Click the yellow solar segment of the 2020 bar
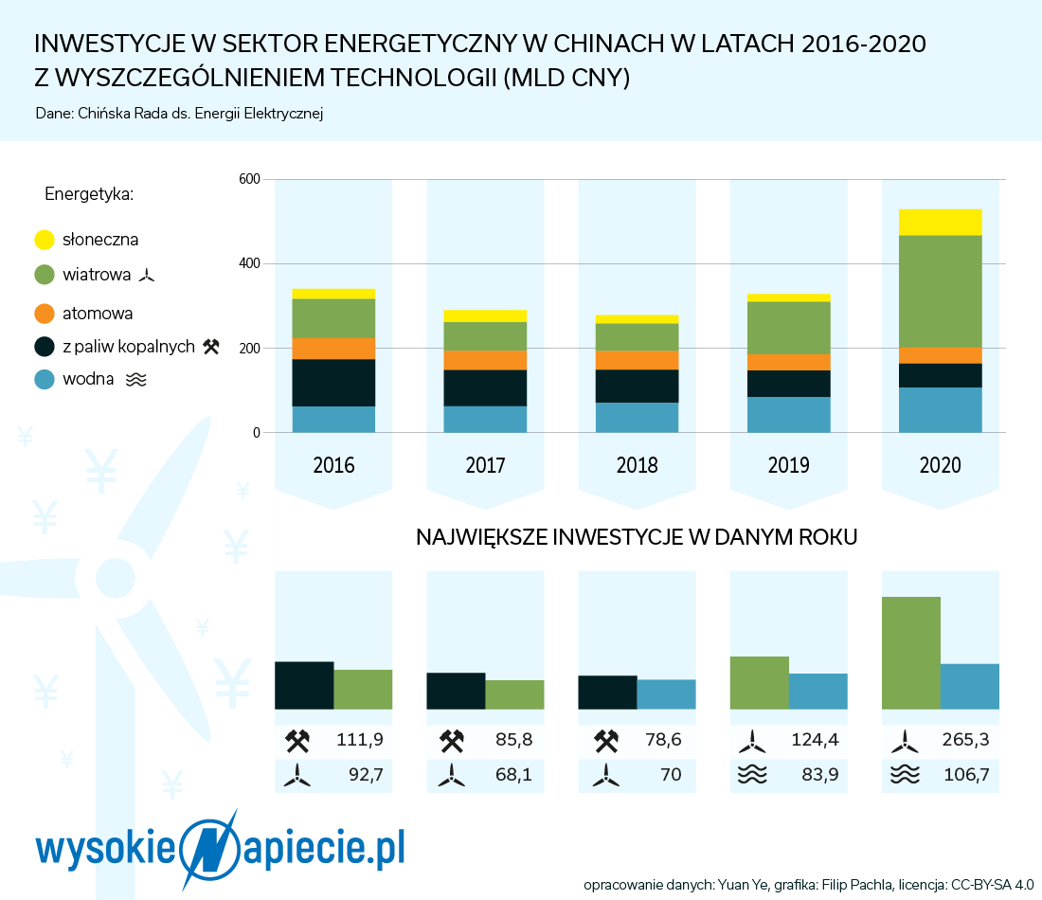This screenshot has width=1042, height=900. click(940, 222)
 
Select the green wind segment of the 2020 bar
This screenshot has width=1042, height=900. click(940, 291)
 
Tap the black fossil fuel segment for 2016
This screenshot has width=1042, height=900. click(333, 383)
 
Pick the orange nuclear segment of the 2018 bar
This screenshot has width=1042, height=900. click(637, 360)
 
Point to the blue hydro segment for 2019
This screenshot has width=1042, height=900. click(788, 415)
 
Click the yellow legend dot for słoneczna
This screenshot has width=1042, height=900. click(45, 240)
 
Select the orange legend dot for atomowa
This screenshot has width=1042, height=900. click(45, 313)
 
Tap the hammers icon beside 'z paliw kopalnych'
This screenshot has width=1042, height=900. click(211, 347)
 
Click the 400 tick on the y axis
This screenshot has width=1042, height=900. click(249, 263)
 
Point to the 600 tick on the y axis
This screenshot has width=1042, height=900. click(249, 179)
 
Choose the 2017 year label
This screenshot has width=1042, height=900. click(485, 464)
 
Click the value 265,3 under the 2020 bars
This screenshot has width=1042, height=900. click(965, 739)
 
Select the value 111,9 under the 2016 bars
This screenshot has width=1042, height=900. click(360, 739)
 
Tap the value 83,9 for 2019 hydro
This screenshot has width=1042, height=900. click(820, 774)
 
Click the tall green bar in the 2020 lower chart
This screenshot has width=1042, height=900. click(910, 653)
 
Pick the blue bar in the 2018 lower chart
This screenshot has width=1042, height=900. click(666, 693)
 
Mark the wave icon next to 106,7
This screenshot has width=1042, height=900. click(905, 774)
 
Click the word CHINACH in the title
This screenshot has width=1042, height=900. click(608, 44)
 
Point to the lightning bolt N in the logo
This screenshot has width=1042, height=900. click(210, 849)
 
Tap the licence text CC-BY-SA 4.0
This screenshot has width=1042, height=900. click(992, 885)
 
